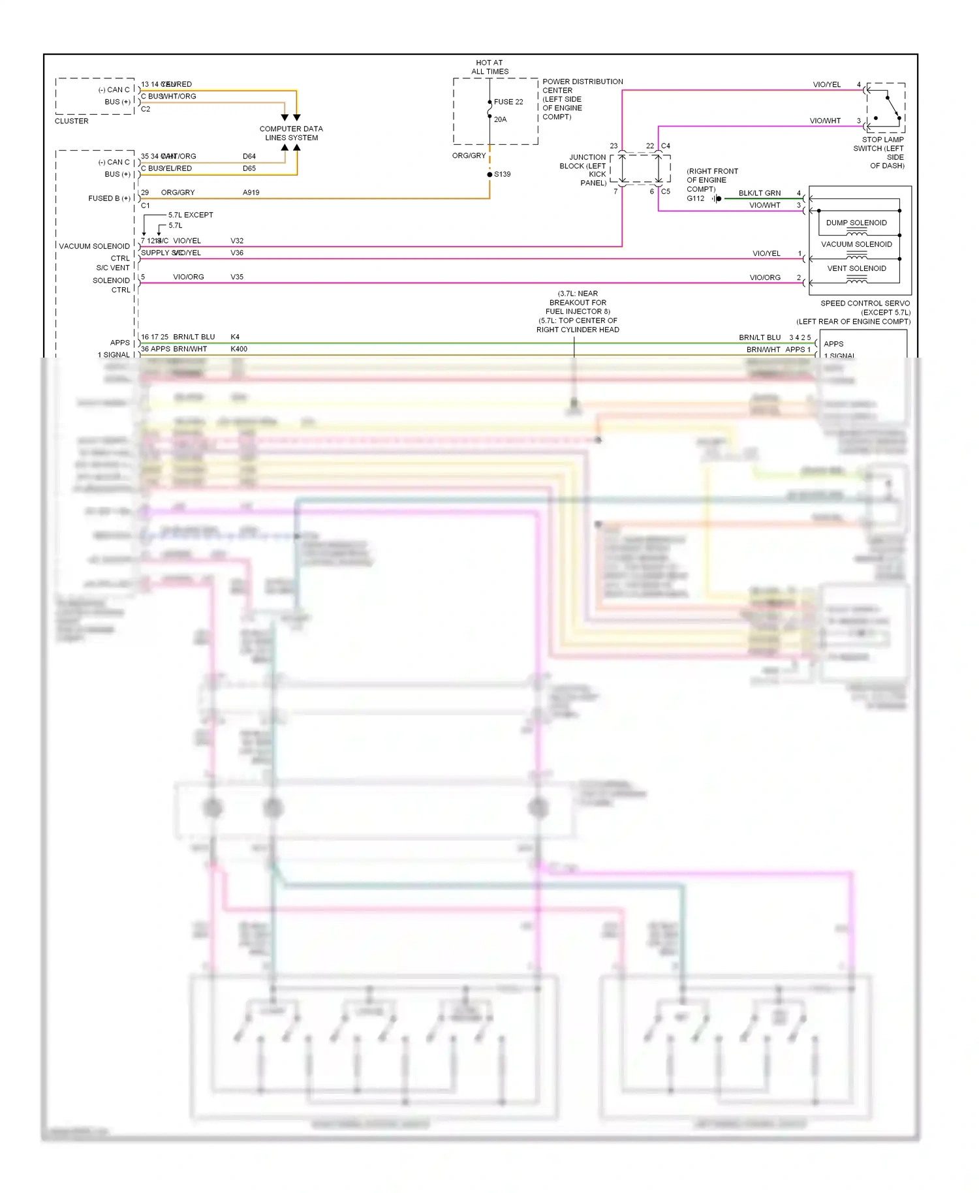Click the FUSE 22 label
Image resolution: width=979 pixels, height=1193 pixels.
click(x=508, y=102)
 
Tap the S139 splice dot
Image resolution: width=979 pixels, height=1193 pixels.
click(x=489, y=174)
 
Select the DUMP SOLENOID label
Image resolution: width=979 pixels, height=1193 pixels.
click(x=856, y=223)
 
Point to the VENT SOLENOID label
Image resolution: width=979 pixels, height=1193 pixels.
click(x=856, y=268)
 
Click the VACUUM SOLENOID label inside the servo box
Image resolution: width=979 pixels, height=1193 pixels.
click(x=856, y=244)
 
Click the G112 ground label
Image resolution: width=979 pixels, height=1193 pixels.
click(x=695, y=198)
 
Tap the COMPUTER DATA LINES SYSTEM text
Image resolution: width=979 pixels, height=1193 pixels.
click(x=291, y=133)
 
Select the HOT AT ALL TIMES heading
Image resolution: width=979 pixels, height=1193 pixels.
click(x=489, y=67)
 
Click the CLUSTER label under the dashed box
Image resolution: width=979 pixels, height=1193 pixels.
click(x=71, y=121)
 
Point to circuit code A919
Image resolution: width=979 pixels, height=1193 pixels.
click(x=251, y=193)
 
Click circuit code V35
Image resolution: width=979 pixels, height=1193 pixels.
click(x=237, y=277)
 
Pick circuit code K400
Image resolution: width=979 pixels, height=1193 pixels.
click(x=239, y=349)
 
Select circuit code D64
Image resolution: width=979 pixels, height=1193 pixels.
click(x=249, y=157)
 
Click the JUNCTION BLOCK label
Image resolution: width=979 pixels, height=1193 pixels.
click(x=585, y=170)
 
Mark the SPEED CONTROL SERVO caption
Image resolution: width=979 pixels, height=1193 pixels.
click(x=864, y=303)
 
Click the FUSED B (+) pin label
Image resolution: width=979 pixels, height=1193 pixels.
click(x=109, y=198)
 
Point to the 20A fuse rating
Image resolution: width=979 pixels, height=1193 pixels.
click(x=500, y=119)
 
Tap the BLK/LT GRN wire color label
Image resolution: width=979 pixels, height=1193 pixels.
click(x=759, y=193)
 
